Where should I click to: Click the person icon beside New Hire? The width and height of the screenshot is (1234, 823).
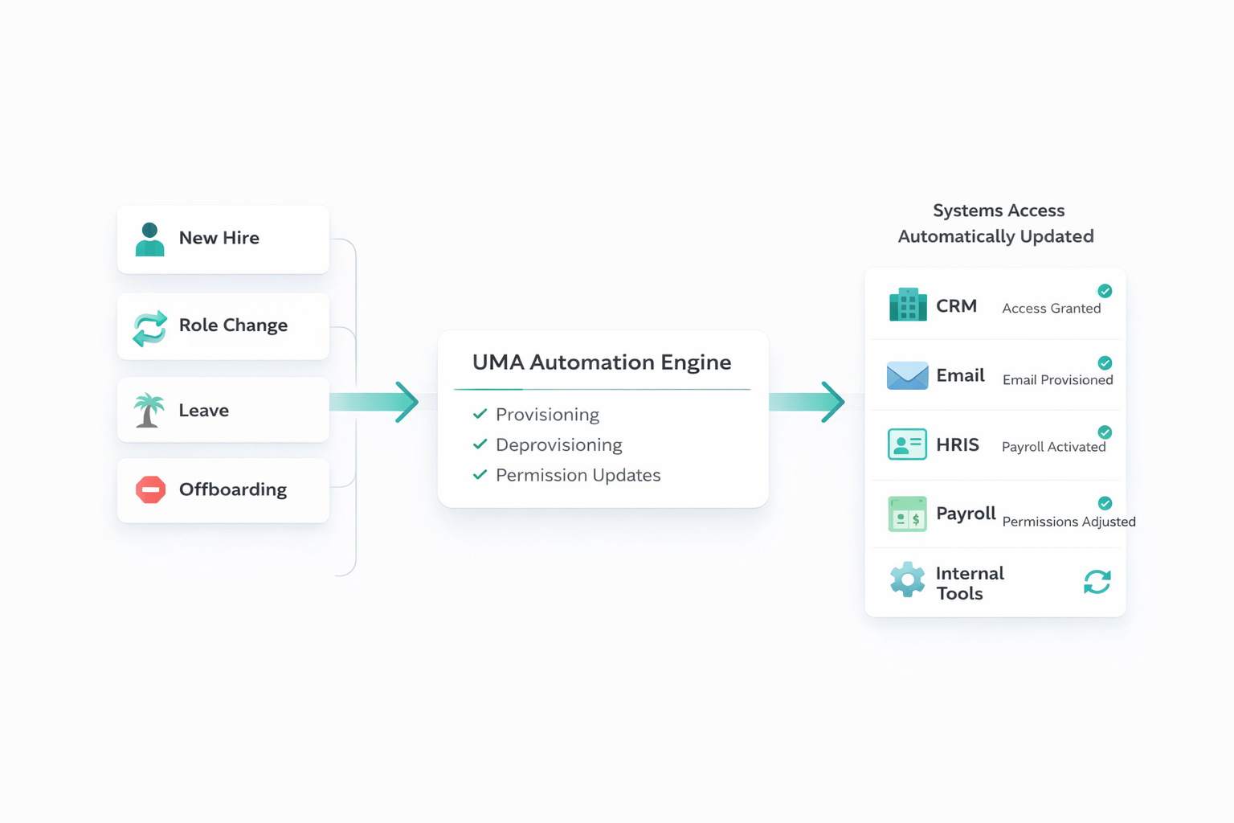(149, 240)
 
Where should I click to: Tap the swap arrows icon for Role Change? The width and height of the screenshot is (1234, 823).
(149, 328)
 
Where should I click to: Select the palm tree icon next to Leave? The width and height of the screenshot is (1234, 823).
(149, 411)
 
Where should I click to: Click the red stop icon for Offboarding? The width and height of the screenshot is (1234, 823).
(150, 489)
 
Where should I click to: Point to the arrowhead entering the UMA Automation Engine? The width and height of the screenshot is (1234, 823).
(407, 402)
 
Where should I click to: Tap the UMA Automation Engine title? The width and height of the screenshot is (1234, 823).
(602, 362)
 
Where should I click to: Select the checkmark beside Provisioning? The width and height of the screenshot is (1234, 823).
(480, 414)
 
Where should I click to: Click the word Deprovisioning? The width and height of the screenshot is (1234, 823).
(558, 445)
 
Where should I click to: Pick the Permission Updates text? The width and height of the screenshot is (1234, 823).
(578, 476)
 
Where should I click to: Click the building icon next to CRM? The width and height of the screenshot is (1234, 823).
(908, 305)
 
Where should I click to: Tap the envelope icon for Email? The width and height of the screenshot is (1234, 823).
(907, 375)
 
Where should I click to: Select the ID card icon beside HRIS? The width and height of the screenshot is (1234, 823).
(907, 444)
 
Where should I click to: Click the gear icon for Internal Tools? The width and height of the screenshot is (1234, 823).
(907, 579)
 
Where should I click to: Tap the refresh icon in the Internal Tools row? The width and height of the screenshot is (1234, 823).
(1097, 582)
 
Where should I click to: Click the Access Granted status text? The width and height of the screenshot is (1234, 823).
(1051, 309)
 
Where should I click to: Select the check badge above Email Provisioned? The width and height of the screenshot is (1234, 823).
(1105, 363)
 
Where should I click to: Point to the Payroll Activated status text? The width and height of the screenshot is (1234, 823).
(1053, 447)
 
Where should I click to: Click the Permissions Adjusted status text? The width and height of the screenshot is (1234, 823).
(1069, 522)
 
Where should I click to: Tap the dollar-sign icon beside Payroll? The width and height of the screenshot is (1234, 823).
(907, 514)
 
